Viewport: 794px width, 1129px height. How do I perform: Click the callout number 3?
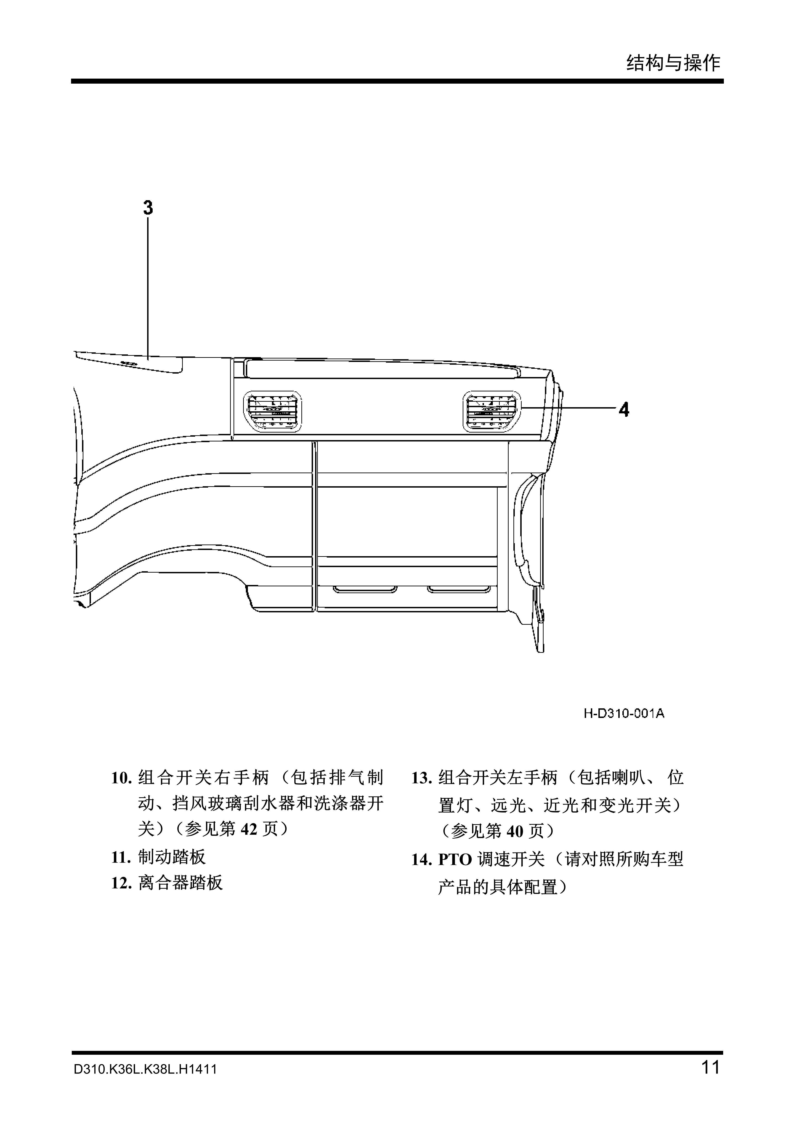click(148, 207)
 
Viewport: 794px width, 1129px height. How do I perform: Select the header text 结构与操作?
click(673, 63)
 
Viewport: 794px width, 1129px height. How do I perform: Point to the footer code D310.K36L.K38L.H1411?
click(145, 1083)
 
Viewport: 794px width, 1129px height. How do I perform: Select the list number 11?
click(121, 858)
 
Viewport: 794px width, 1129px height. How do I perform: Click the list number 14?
click(422, 860)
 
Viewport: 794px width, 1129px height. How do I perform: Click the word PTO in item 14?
click(455, 860)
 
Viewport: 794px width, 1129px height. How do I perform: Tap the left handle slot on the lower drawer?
click(365, 589)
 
